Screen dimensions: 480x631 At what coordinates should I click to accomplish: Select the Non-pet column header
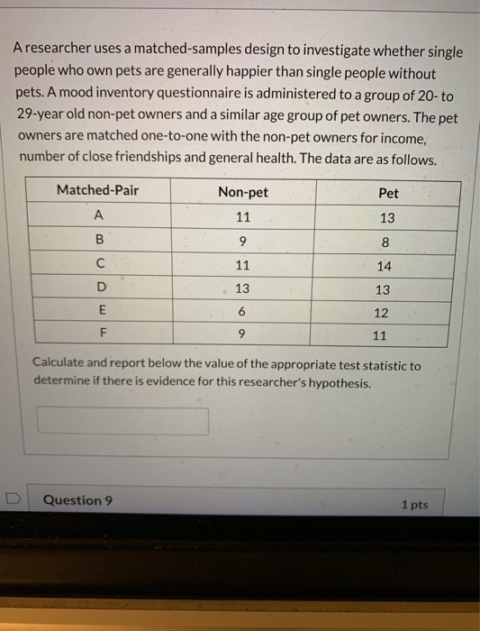tap(242, 192)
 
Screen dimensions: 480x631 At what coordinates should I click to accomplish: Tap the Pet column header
tap(389, 193)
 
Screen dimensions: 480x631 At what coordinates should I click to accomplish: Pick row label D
tap(101, 288)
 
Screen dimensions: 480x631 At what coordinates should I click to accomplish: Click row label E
tap(102, 311)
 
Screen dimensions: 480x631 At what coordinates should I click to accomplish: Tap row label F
tap(103, 334)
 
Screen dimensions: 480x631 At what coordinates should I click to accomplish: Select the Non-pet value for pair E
tap(242, 312)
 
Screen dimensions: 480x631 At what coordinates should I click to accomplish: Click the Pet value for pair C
tap(385, 267)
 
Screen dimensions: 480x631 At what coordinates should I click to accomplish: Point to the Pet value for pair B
tap(385, 242)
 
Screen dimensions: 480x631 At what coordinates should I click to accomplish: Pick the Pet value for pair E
tap(382, 314)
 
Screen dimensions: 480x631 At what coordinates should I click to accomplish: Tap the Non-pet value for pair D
tap(242, 288)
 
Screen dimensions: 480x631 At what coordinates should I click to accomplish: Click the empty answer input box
tap(122, 421)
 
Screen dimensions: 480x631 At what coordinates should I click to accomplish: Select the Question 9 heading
tap(77, 500)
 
